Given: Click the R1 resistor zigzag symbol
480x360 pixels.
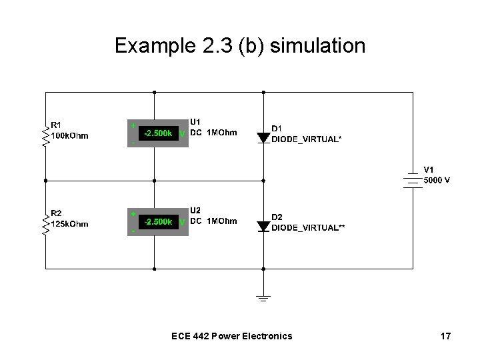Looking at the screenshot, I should [45, 135].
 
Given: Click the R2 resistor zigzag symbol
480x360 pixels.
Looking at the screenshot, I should [45, 224].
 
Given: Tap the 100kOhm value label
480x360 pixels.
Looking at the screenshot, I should [70, 136].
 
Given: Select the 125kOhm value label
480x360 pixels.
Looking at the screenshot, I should [70, 224].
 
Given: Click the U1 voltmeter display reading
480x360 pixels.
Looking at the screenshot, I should [158, 133].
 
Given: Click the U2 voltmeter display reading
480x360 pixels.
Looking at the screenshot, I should [158, 221].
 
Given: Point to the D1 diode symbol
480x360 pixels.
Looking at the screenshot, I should [263, 137].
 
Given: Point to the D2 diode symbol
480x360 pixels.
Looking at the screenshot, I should [263, 226].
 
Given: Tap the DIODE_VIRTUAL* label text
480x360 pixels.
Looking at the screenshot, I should [307, 139].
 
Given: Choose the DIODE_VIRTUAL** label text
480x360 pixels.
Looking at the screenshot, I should [308, 227].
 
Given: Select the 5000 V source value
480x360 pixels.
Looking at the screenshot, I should [437, 180].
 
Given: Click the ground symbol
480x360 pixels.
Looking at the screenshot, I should [263, 297].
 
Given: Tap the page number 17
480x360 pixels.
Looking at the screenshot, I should [445, 336].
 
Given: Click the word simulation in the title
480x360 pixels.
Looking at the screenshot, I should [327, 46].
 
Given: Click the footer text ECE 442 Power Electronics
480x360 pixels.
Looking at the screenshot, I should [231, 336].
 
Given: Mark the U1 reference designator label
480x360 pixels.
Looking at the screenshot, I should [196, 122].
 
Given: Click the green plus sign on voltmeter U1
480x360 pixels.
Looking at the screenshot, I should [133, 125].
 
